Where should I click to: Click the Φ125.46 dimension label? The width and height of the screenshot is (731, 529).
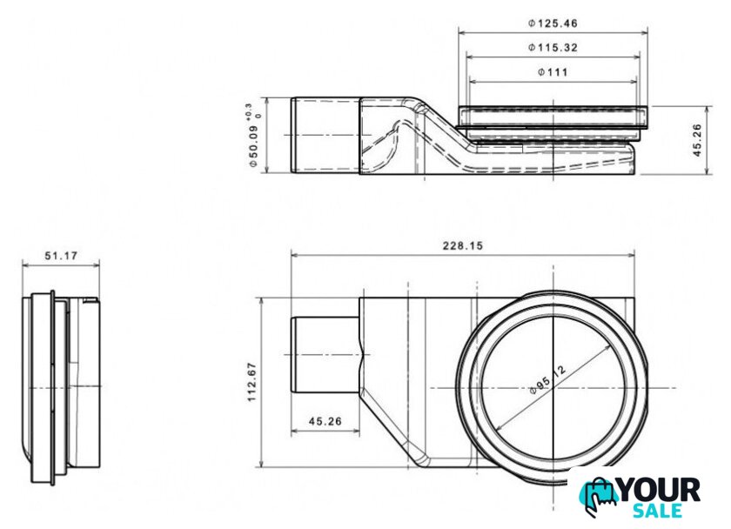coord(553,23)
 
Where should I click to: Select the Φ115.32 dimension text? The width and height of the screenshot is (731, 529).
coord(553,48)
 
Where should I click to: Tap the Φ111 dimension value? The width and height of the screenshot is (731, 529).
coord(553,72)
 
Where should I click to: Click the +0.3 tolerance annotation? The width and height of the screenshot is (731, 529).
coord(253,112)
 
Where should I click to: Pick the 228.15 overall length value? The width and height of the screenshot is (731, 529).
coord(462,245)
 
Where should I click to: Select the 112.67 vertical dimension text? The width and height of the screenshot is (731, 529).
coord(252,382)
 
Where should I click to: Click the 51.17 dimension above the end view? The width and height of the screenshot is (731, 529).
coord(61,256)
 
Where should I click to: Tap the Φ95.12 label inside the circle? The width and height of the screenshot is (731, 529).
coord(548,379)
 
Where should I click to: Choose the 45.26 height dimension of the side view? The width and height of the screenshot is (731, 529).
coord(697,140)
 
